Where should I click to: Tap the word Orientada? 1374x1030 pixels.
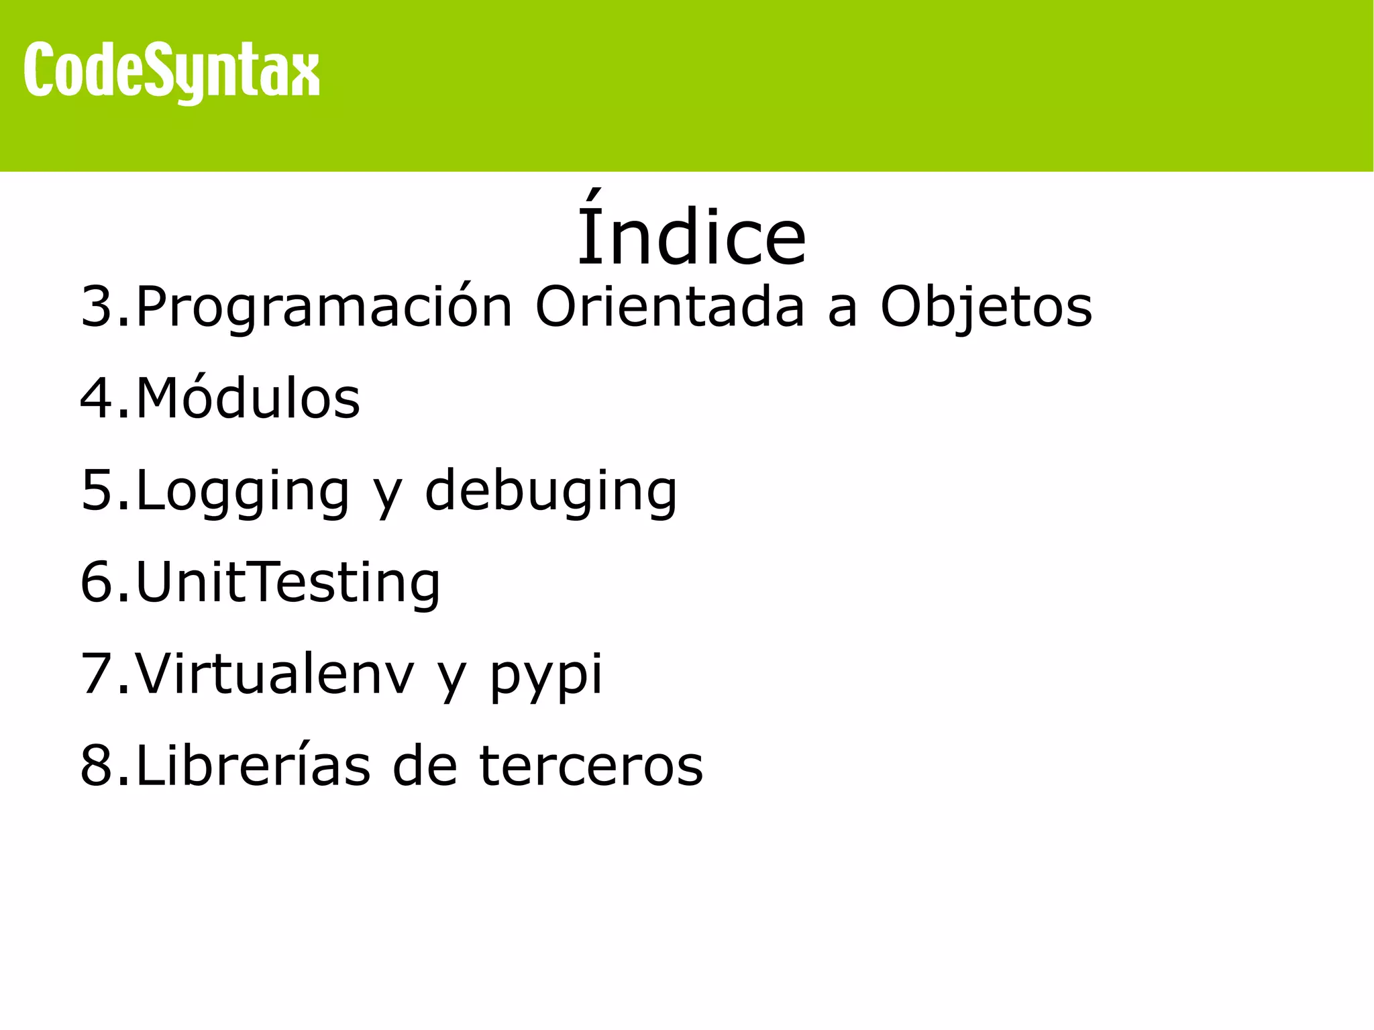click(x=669, y=307)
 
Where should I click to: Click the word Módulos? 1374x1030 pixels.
click(x=248, y=399)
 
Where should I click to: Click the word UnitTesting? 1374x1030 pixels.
click(x=288, y=582)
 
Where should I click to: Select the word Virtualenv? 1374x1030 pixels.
click(x=275, y=674)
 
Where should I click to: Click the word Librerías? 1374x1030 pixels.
click(x=253, y=765)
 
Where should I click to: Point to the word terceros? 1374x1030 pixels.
click(x=591, y=766)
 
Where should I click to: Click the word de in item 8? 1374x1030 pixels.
click(x=424, y=765)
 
